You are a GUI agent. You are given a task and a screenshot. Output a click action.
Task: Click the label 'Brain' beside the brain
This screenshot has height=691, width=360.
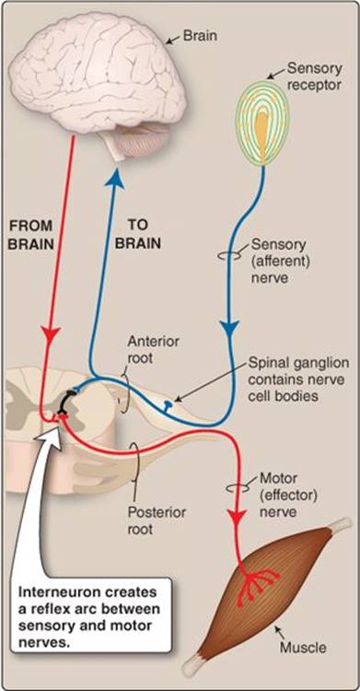[200, 36]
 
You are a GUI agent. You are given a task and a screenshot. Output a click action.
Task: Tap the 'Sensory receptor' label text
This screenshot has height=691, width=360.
[314, 76]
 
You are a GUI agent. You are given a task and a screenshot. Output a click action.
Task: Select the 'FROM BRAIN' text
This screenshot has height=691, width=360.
[31, 235]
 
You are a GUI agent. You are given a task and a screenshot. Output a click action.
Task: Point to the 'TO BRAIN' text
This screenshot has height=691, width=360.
[138, 235]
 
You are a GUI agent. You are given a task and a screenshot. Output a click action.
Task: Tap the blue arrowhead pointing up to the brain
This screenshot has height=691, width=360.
[114, 180]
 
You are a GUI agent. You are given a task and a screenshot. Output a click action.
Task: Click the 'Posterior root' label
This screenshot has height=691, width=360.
[157, 521]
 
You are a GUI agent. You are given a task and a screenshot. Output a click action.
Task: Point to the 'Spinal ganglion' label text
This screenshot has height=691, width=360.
[298, 364]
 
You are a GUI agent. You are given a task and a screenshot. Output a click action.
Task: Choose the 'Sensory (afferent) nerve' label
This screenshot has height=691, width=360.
[281, 261]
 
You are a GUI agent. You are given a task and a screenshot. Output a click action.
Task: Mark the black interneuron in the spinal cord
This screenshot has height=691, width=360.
[67, 402]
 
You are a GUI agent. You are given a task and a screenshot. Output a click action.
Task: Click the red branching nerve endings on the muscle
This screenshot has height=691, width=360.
[258, 582]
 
